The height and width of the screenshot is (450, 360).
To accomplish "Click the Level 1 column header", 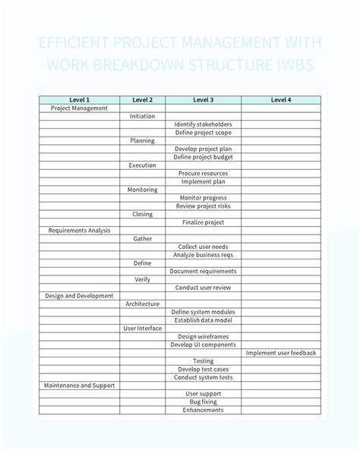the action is [79, 100].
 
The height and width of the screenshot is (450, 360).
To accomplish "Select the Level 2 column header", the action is [142, 100].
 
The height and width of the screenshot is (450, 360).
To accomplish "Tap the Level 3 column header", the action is [203, 100].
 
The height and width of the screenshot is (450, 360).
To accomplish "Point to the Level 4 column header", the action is [280, 100].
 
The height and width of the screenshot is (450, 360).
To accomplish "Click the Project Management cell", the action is [79, 109].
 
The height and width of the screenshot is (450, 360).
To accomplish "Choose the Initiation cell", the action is [142, 116].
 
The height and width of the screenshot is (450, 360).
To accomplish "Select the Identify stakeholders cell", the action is [203, 124].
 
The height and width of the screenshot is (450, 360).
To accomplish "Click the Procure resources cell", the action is [203, 174].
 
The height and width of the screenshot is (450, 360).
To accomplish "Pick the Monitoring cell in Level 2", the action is [142, 190].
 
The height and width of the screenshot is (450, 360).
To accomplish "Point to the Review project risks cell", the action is [203, 206].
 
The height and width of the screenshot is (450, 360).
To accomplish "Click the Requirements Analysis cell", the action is [79, 231].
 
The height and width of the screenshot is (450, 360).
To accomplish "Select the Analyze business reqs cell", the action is [203, 255].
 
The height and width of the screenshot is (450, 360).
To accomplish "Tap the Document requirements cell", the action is [203, 271].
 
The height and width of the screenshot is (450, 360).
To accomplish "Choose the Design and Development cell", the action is [79, 296].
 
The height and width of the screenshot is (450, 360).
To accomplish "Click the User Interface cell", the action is [142, 329].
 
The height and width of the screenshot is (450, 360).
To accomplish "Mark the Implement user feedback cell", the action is [280, 353].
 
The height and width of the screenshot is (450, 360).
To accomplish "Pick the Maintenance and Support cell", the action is [79, 385].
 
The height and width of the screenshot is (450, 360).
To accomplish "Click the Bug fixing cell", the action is [203, 402].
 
